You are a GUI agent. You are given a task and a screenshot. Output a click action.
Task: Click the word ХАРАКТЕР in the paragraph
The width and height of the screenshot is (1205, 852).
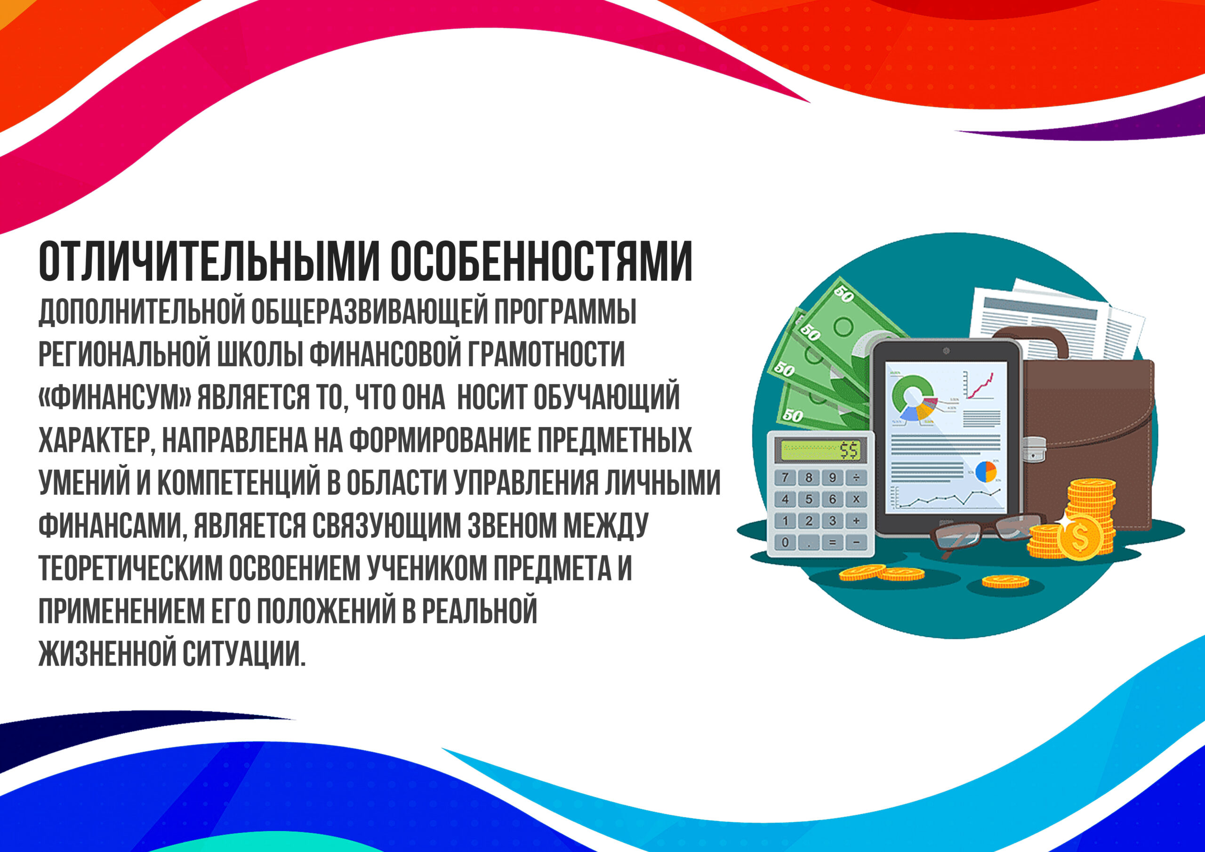(95, 441)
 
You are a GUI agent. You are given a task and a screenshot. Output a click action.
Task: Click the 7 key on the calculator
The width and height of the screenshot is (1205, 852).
(785, 478)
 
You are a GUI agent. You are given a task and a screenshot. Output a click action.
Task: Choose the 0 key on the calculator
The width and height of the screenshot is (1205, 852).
(785, 542)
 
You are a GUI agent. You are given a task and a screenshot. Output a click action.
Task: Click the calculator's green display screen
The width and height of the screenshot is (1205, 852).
(821, 450)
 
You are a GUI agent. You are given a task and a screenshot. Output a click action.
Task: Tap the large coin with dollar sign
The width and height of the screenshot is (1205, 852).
(1081, 536)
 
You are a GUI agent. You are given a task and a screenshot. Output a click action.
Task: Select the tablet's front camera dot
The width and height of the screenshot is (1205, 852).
(946, 351)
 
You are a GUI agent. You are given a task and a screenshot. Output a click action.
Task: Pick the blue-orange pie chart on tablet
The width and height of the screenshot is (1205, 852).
(986, 471)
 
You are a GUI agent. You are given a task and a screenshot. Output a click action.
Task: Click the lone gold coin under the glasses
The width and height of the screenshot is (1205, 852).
(1005, 581)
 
